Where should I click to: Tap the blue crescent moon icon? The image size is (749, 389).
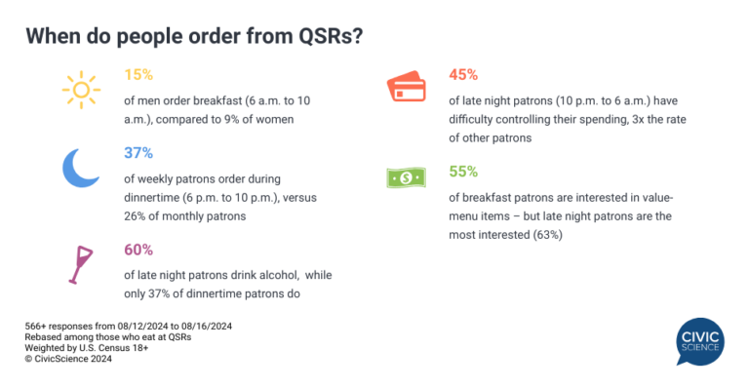click(82, 167)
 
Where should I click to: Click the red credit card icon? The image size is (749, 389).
click(406, 88)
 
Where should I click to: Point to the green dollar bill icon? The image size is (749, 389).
click(406, 178)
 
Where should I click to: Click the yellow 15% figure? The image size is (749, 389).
click(138, 74)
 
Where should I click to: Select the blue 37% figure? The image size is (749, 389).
click(138, 154)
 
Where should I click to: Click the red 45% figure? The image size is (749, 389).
click(462, 74)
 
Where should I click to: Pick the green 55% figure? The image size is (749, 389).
click(462, 172)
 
